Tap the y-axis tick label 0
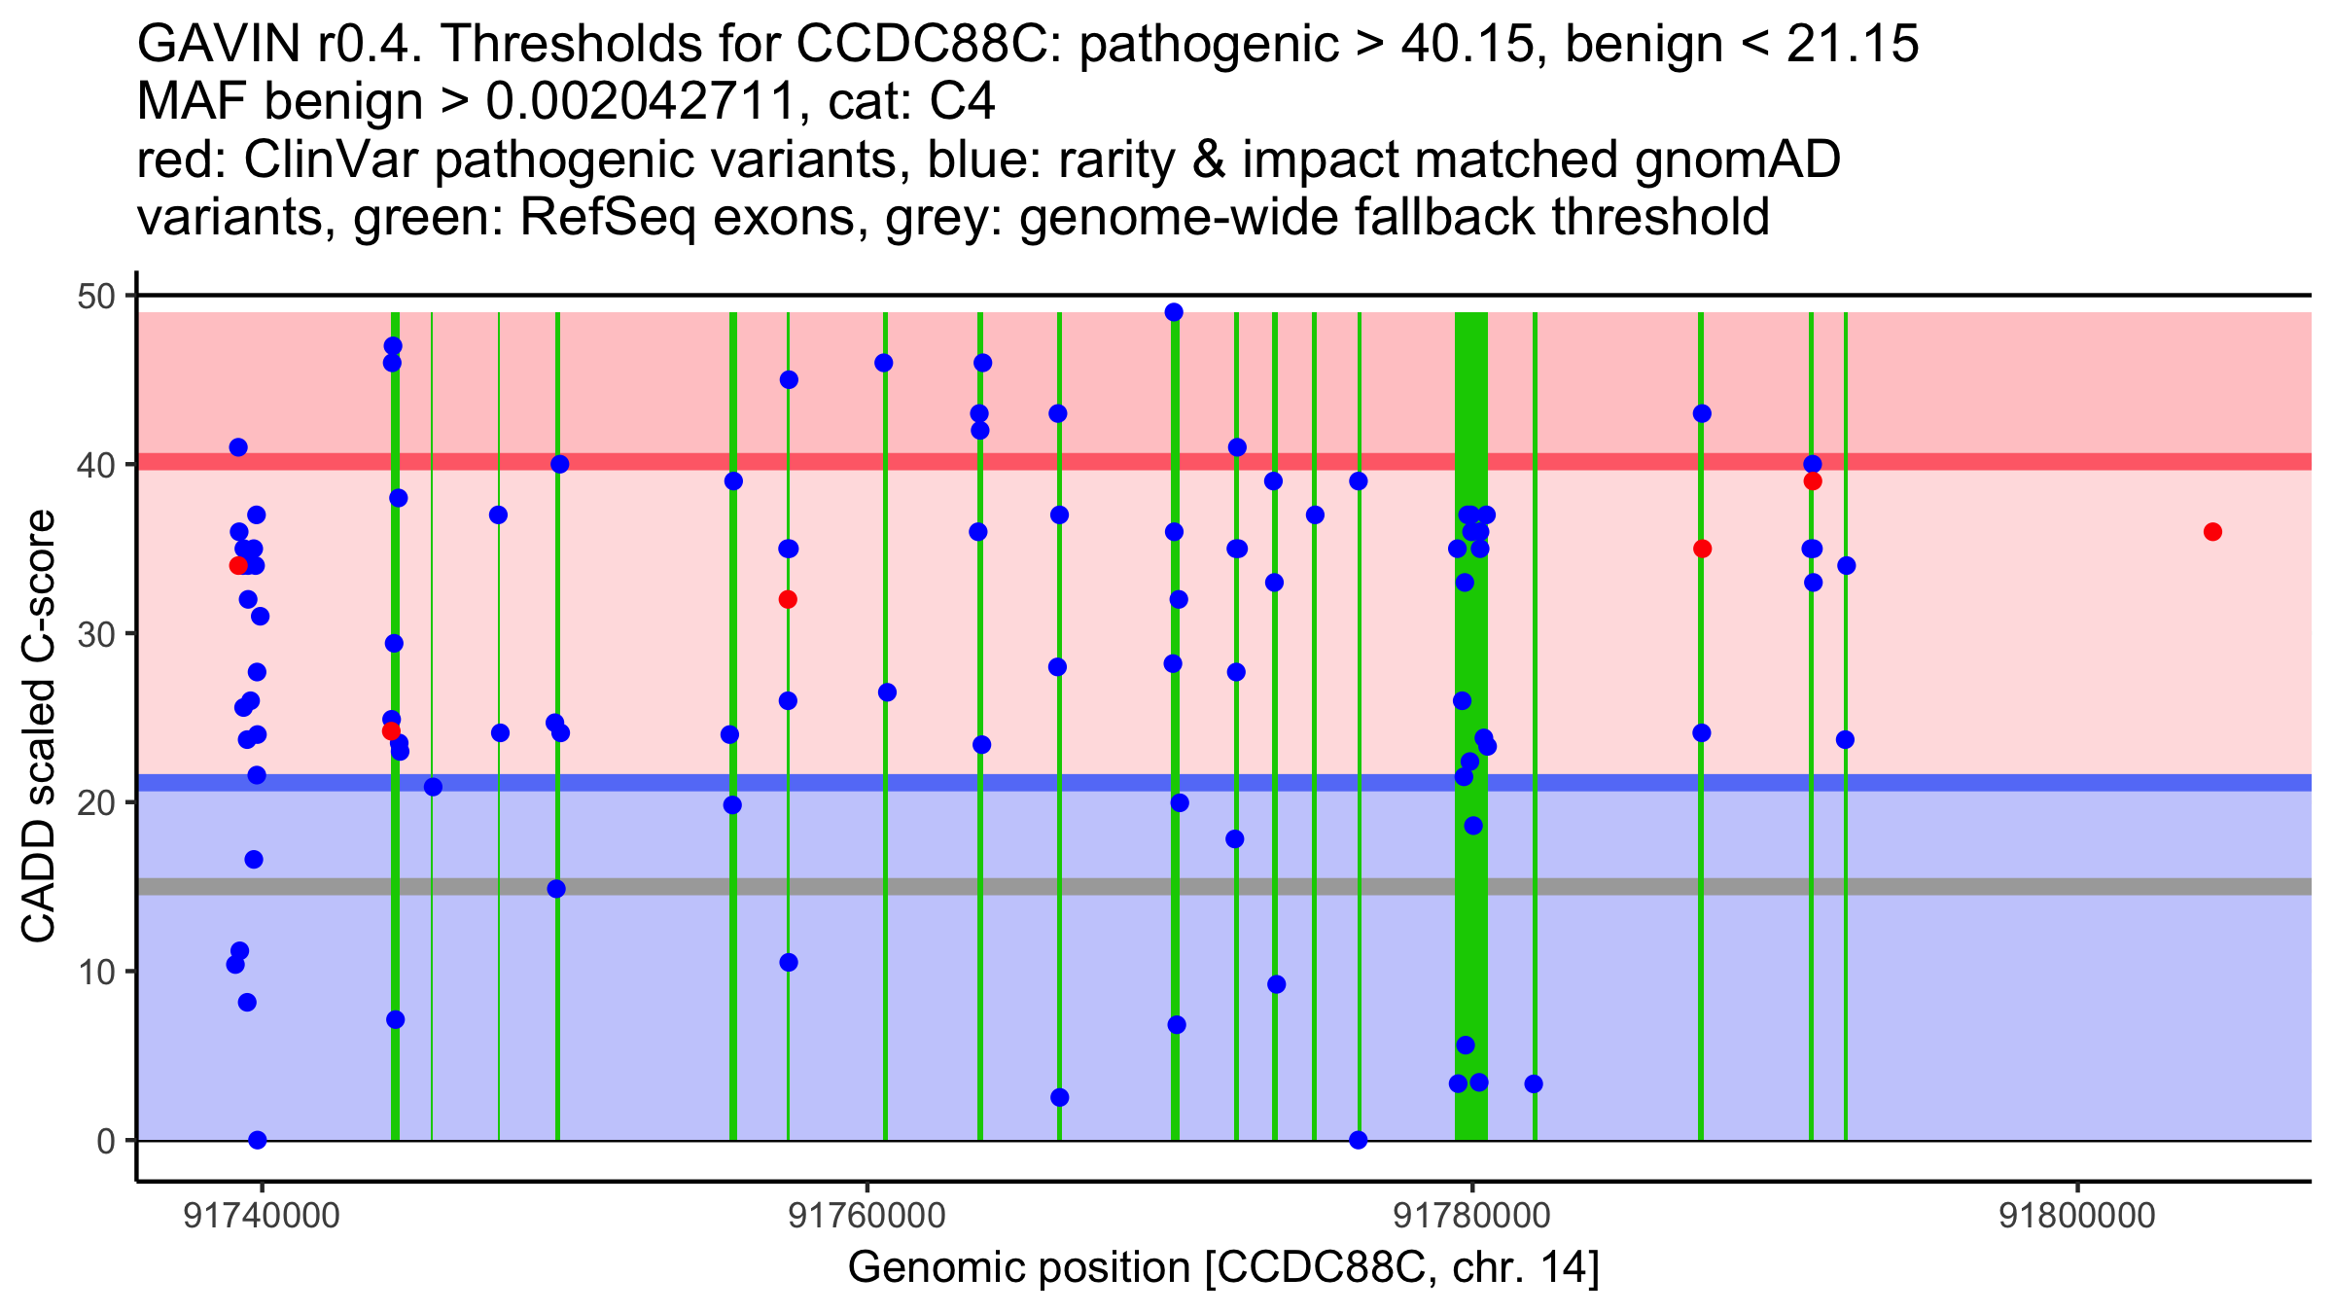(105, 1141)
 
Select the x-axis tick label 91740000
(262, 1216)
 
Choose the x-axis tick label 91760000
(866, 1216)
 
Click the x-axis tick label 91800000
(2077, 1216)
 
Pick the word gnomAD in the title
(1737, 160)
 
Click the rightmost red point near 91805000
(2212, 532)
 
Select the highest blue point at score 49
(1174, 312)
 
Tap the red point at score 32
(788, 599)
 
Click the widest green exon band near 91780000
(1470, 726)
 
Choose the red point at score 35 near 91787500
(1702, 549)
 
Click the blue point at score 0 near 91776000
(1359, 1140)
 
